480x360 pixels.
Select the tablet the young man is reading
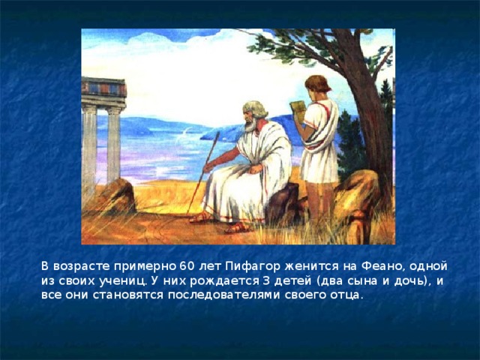pos(297,109)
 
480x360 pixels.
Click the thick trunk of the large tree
pos(367,127)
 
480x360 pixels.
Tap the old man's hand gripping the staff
pos(209,166)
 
